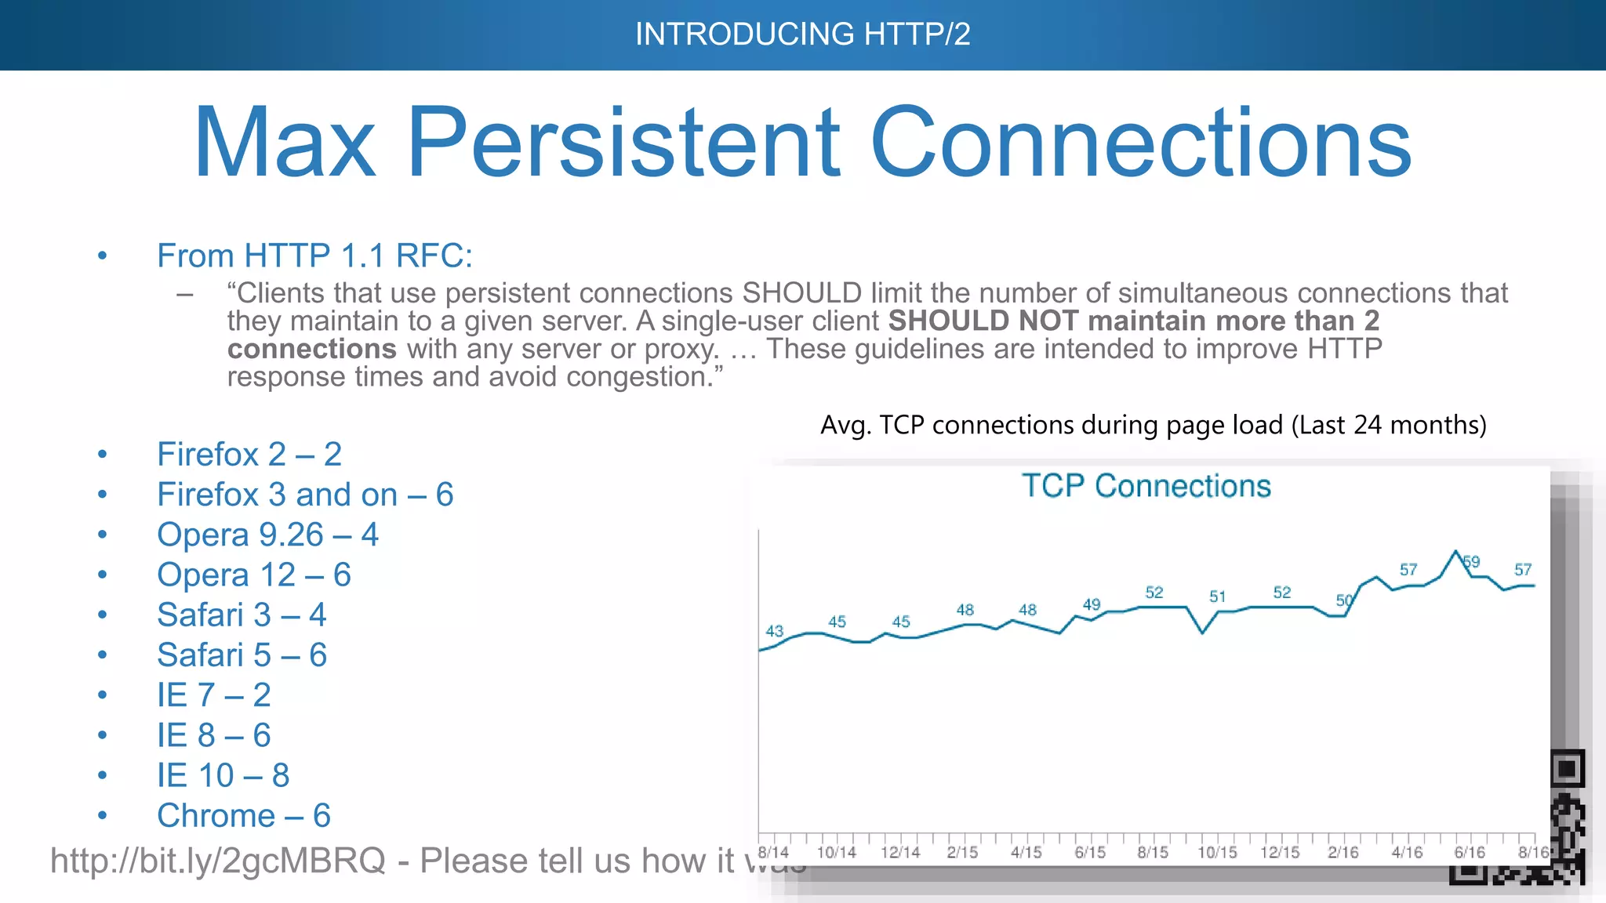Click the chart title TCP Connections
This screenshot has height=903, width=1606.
coord(1146,486)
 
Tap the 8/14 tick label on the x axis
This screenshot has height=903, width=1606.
coord(773,852)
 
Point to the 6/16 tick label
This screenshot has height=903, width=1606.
coord(1470,852)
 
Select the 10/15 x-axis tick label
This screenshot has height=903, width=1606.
coord(1217,852)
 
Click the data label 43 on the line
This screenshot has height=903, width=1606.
coord(774,631)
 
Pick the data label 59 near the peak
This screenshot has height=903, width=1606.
coord(1471,561)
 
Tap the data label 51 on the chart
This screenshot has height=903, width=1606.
coord(1217,597)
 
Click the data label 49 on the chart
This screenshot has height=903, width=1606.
coord(1091,604)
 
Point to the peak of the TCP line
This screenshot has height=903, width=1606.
coord(1456,551)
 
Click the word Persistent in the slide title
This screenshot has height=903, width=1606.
coord(624,143)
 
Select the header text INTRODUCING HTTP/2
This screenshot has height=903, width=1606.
coord(802,34)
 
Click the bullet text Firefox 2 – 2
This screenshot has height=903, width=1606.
coord(249,455)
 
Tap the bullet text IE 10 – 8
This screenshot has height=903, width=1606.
coord(223,776)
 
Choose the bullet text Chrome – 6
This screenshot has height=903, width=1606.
coord(243,816)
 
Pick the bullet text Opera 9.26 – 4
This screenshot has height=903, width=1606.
coord(267,535)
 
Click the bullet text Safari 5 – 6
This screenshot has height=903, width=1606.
coord(242,655)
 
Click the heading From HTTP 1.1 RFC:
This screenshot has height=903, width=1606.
coord(314,256)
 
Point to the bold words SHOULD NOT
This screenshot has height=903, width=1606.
coord(983,321)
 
